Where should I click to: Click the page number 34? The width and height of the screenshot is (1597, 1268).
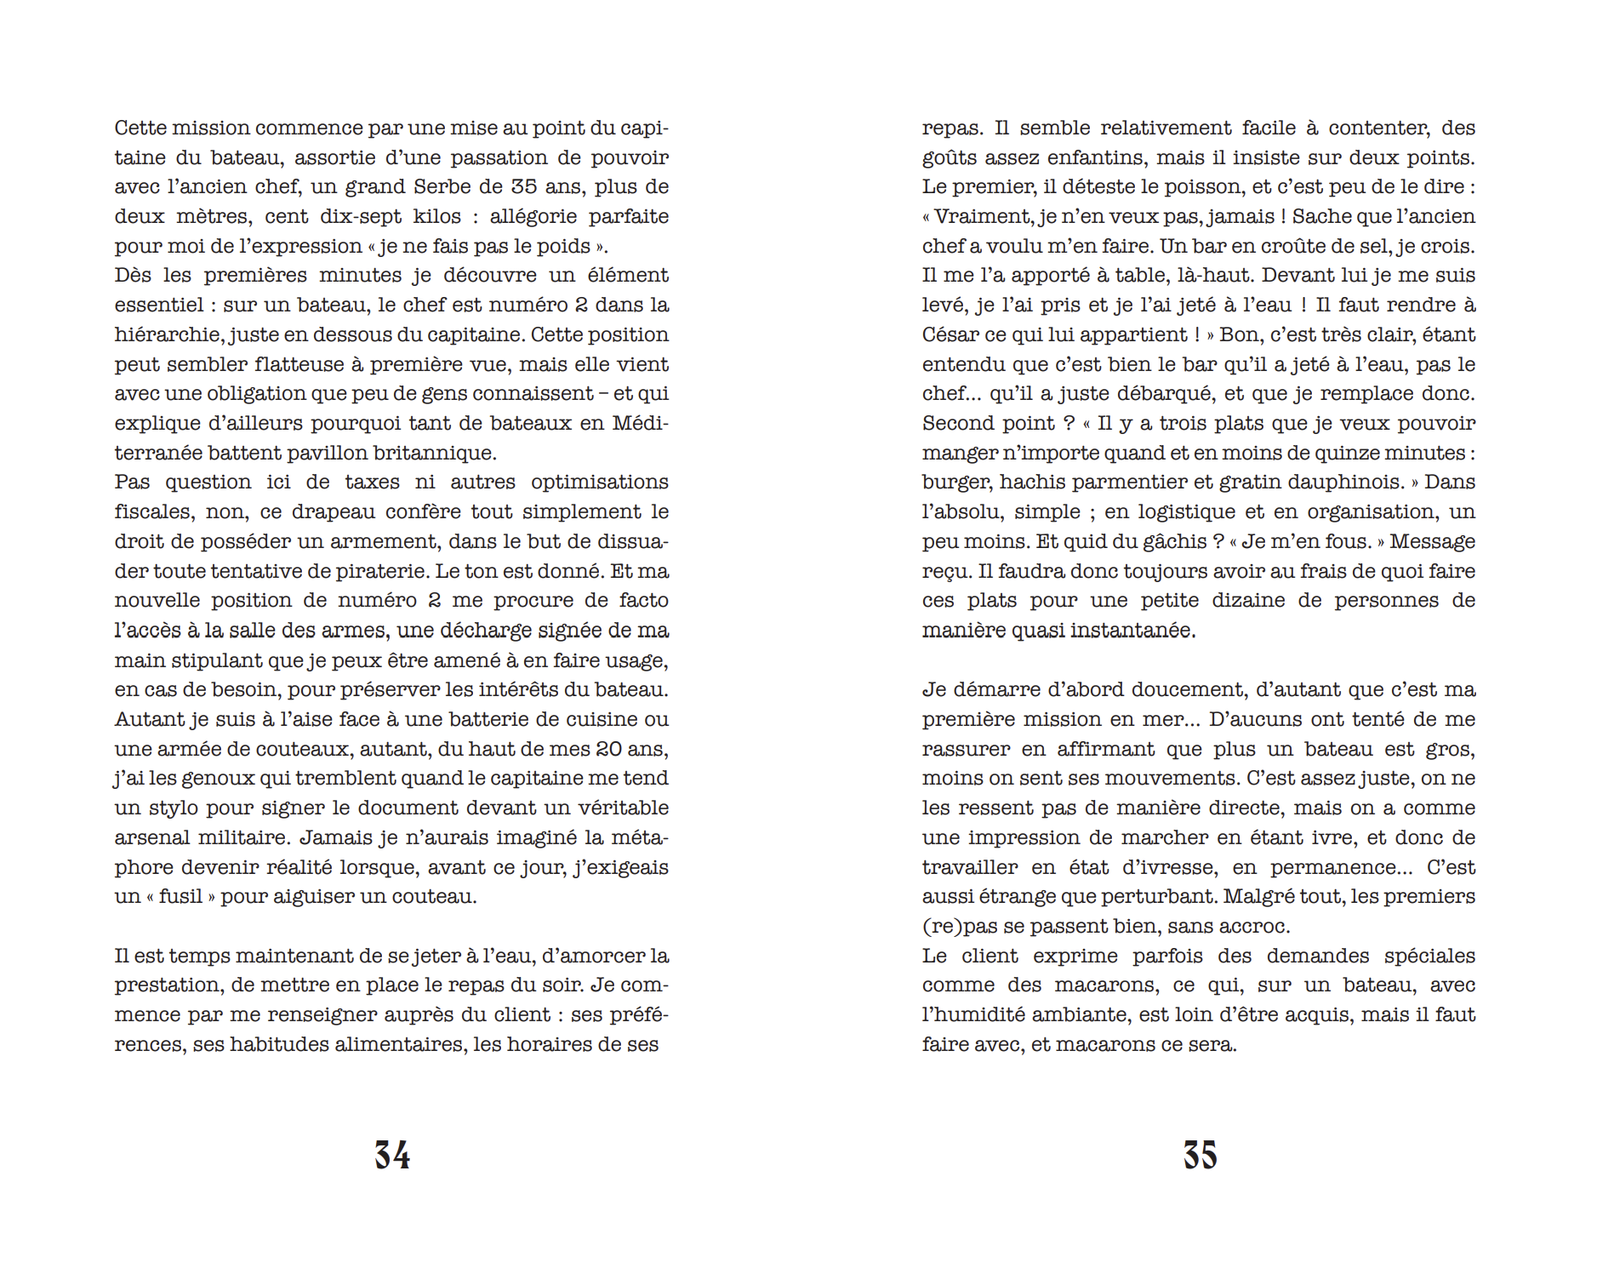point(392,1155)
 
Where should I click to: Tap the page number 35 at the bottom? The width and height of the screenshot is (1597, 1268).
point(1200,1155)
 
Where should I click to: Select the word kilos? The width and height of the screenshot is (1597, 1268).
point(436,216)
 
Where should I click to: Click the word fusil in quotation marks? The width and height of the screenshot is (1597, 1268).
point(180,896)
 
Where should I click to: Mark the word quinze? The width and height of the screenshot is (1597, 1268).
point(1340,453)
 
